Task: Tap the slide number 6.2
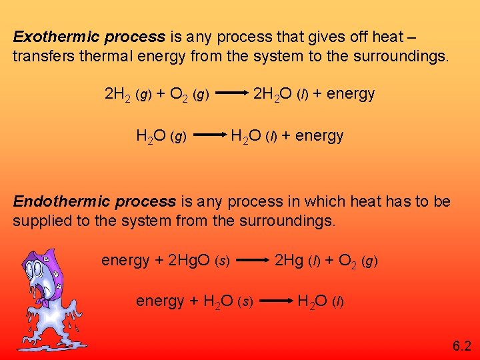point(461,345)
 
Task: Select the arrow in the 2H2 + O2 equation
point(231,95)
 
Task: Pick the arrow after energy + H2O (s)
point(277,301)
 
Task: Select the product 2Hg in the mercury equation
point(289,260)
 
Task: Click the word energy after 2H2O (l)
point(351,94)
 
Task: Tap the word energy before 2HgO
point(125,261)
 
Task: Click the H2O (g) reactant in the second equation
point(161,137)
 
